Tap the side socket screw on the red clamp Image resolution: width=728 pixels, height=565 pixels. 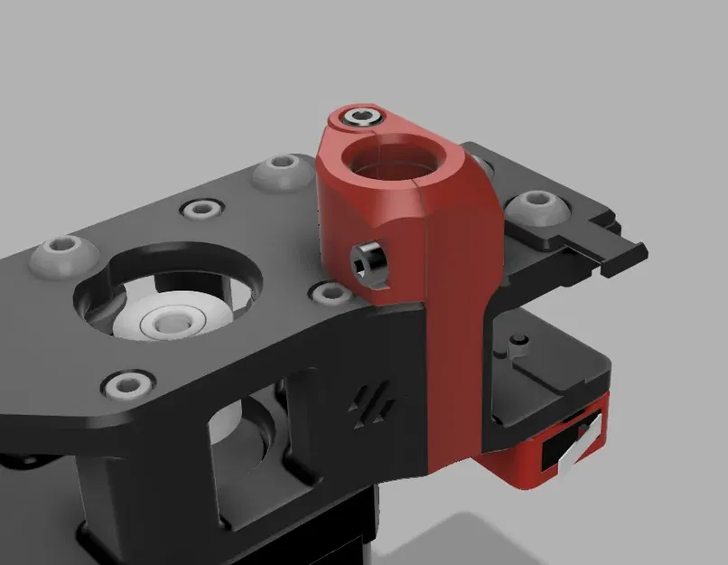pos(369,262)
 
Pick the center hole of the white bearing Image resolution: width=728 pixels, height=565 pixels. pos(169,321)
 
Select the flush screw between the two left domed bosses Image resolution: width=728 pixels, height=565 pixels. pos(199,210)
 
